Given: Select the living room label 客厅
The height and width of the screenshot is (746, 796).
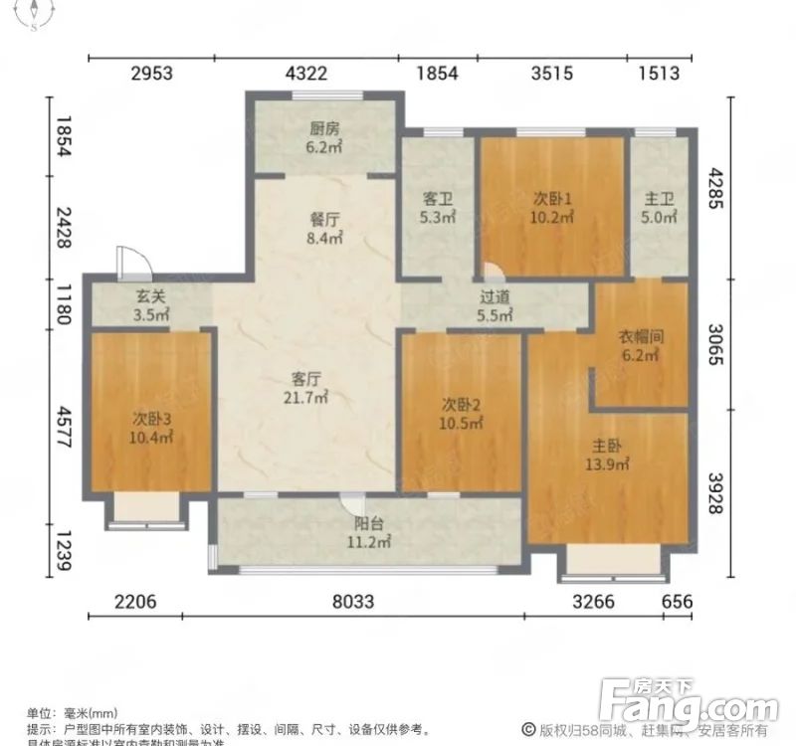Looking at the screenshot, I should tap(304, 378).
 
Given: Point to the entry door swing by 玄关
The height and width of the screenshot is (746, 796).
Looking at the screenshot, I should tap(131, 262).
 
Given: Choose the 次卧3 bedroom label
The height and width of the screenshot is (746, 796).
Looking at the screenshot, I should tap(152, 418).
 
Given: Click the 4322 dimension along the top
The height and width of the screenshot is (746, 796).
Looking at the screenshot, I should tap(305, 73).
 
